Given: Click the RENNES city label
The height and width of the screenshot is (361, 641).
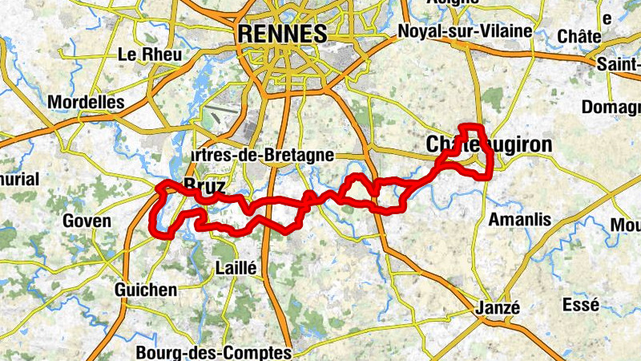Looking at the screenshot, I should [x=283, y=34].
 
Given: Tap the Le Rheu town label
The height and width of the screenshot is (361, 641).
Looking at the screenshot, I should [x=150, y=55].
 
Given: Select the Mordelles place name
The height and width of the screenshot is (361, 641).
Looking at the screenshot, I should [x=87, y=102].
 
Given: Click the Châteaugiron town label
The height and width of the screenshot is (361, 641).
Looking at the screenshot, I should [x=489, y=144].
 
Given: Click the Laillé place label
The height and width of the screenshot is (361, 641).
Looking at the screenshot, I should [x=236, y=269].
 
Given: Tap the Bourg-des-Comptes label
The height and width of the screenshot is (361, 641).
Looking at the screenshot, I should [x=214, y=351].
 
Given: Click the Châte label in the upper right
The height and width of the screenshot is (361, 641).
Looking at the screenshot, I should [x=579, y=37].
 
